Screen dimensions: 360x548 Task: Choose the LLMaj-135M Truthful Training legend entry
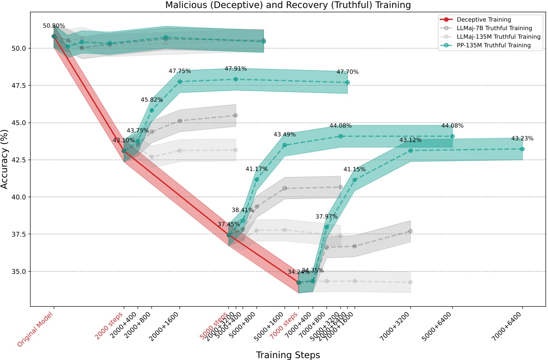[x=498, y=37]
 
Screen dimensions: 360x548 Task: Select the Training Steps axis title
[x=288, y=355]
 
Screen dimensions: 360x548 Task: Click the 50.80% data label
[x=54, y=26]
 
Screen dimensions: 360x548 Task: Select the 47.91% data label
[x=236, y=69]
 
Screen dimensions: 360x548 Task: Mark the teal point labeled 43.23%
[x=522, y=149]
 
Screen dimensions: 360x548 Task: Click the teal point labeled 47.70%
[x=347, y=82]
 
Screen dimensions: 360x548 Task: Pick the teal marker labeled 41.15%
[x=355, y=180]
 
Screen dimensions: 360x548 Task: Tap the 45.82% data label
[x=152, y=100]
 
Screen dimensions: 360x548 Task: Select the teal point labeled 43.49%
[x=285, y=145]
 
